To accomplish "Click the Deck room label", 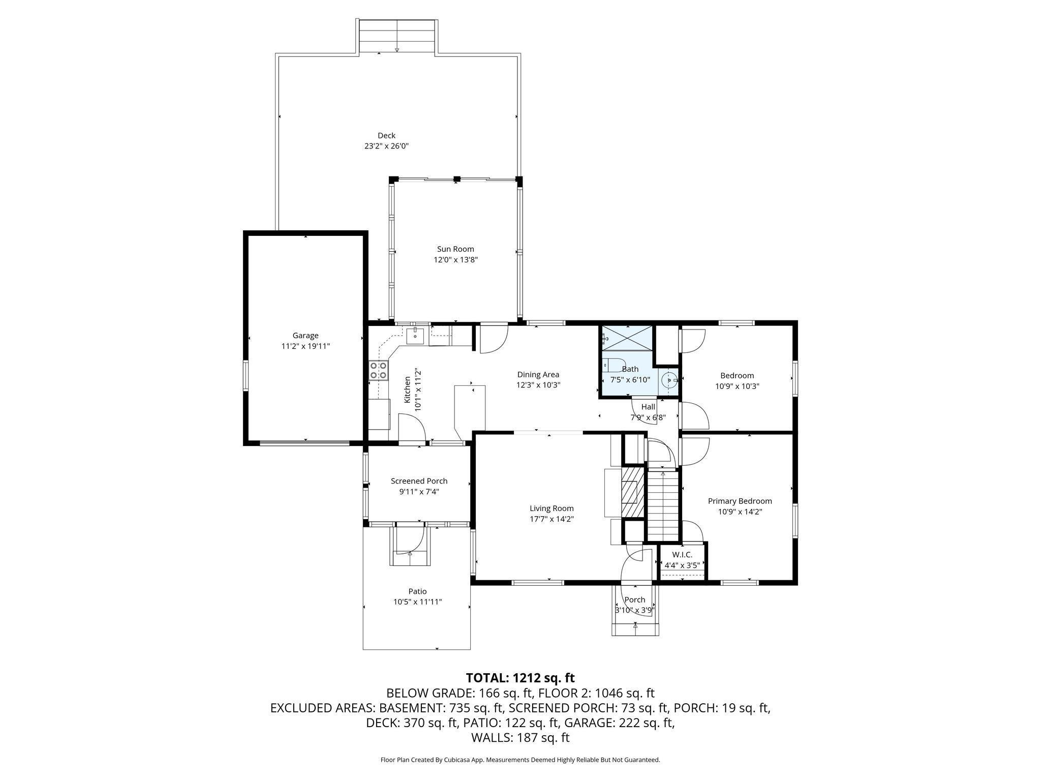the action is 386,135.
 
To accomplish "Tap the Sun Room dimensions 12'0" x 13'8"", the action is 455,260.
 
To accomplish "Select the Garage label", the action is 305,336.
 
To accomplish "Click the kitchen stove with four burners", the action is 378,370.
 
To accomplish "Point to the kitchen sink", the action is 415,336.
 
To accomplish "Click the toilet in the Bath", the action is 613,365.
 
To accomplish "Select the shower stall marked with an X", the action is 626,338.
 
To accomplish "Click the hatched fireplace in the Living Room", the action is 633,492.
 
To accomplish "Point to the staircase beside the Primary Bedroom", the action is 663,506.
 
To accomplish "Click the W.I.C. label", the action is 682,555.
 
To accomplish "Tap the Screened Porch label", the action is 419,481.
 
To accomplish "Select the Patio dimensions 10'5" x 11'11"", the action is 417,602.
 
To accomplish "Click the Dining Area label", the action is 538,375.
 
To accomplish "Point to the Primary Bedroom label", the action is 740,501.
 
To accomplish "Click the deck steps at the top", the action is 397,36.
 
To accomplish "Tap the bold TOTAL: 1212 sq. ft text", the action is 520,678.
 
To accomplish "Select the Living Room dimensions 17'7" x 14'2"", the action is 552,519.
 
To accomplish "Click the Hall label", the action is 648,407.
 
